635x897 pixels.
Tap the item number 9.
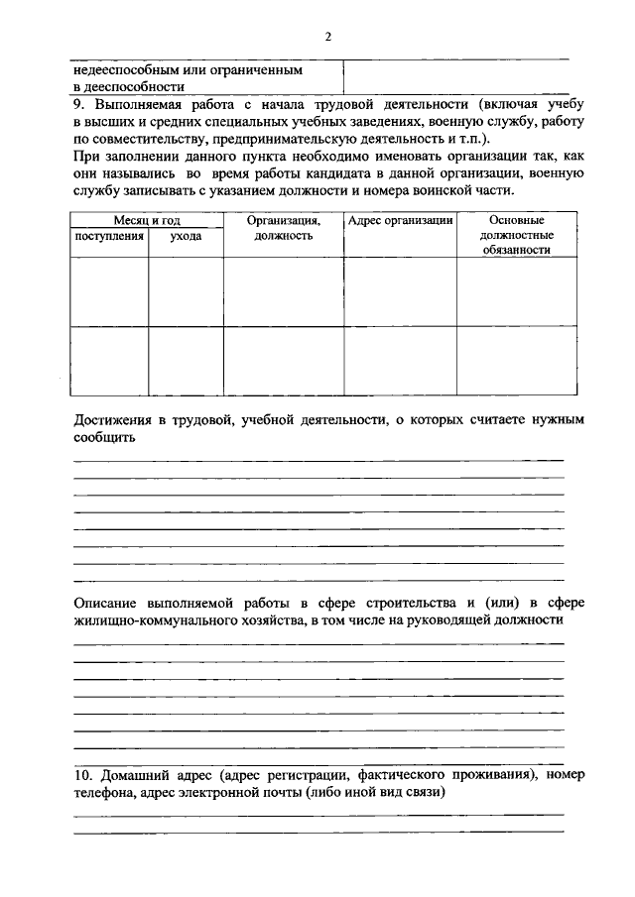pos(78,104)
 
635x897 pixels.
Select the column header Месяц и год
pos(147,220)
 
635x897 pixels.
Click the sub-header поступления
pos(109,236)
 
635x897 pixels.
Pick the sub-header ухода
pos(186,236)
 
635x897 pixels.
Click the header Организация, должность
pos(283,228)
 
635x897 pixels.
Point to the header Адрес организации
pos(400,220)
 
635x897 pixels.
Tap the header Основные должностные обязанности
pos(515,235)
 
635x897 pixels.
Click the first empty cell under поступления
pos(109,290)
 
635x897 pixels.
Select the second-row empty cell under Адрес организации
pos(400,359)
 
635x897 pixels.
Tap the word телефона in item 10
pos(102,792)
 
